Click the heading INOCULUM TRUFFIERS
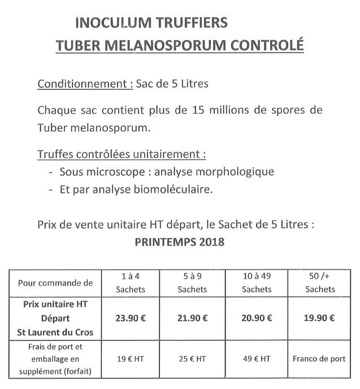151,23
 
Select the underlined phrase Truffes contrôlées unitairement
121,154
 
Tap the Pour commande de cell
55,282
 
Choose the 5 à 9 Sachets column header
192,282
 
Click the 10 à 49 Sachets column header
256,282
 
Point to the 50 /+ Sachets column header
319,282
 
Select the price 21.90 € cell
192,317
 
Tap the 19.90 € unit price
319,317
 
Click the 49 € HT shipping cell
256,358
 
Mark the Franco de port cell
319,358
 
